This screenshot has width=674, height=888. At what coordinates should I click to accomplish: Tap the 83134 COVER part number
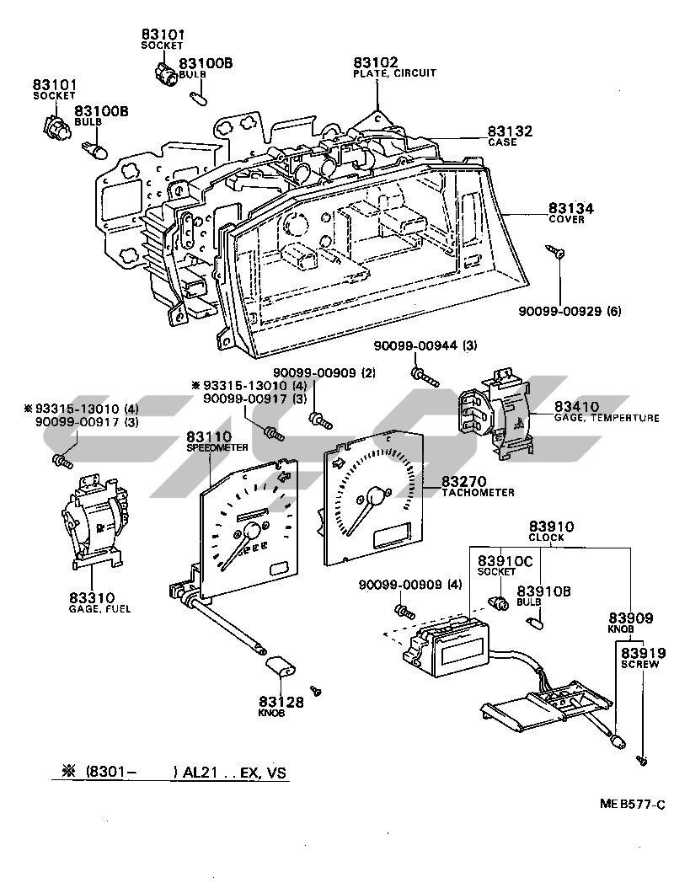click(x=570, y=208)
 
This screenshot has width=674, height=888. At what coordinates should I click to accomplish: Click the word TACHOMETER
click(x=478, y=493)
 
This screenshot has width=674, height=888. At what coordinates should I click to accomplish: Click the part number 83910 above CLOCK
click(x=551, y=527)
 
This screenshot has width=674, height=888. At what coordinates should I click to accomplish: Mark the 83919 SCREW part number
click(x=643, y=653)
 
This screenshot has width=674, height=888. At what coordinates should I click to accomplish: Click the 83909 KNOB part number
click(x=631, y=618)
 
